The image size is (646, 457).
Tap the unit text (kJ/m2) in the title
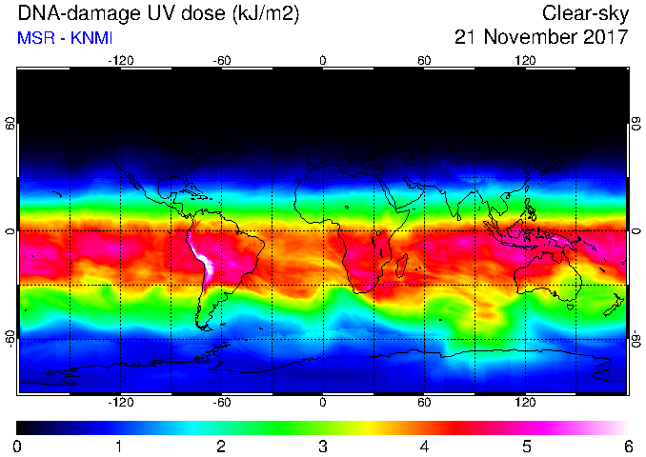[266, 13]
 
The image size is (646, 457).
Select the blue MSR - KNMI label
[65, 38]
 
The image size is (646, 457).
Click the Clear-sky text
[585, 13]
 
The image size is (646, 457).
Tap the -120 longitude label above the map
[121, 61]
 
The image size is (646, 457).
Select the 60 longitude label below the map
[424, 402]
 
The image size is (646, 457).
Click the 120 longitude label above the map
[525, 61]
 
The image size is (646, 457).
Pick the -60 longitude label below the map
[222, 402]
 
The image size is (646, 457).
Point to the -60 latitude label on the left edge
[10, 339]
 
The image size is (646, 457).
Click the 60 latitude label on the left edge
[10, 123]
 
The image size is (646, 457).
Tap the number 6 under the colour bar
[628, 447]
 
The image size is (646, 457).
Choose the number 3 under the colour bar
[323, 447]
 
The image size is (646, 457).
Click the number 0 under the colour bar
[17, 447]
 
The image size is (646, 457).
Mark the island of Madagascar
[401, 266]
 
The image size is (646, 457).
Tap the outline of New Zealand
[614, 305]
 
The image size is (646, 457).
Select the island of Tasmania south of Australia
[570, 308]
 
